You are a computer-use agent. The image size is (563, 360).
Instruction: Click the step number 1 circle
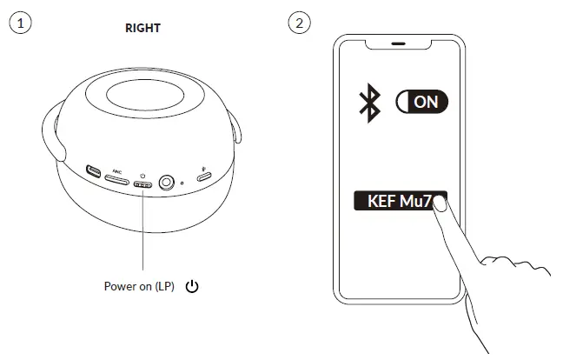tap(20, 23)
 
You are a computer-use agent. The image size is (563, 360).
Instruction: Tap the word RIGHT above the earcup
tap(143, 28)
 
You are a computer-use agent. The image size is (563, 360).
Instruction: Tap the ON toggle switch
tap(421, 102)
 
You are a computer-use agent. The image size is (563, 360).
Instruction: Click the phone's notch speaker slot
tap(399, 43)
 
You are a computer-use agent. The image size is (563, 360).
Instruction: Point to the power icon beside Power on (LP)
tap(192, 286)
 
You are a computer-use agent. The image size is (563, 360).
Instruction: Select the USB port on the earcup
tap(92, 171)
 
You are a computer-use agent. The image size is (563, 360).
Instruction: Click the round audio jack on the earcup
tap(164, 183)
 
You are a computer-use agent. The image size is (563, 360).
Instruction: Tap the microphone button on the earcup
tap(204, 177)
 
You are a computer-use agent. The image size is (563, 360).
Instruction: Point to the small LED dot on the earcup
tap(181, 184)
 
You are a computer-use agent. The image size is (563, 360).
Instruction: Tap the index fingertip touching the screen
tap(440, 204)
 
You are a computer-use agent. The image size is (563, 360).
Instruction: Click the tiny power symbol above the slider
tap(142, 176)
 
